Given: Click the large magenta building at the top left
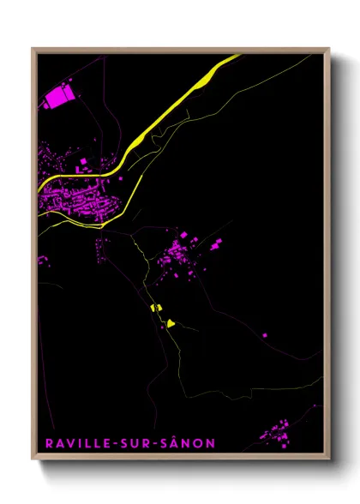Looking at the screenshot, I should pyautogui.click(x=59, y=96).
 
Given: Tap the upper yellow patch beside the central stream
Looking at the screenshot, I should pyautogui.click(x=156, y=307).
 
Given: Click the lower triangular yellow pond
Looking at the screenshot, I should pyautogui.click(x=171, y=323).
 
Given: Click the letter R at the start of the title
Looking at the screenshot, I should pyautogui.click(x=45, y=443).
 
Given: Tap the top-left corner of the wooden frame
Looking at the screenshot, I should pyautogui.click(x=33, y=50).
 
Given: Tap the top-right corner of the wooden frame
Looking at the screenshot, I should pyautogui.click(x=328, y=50).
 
